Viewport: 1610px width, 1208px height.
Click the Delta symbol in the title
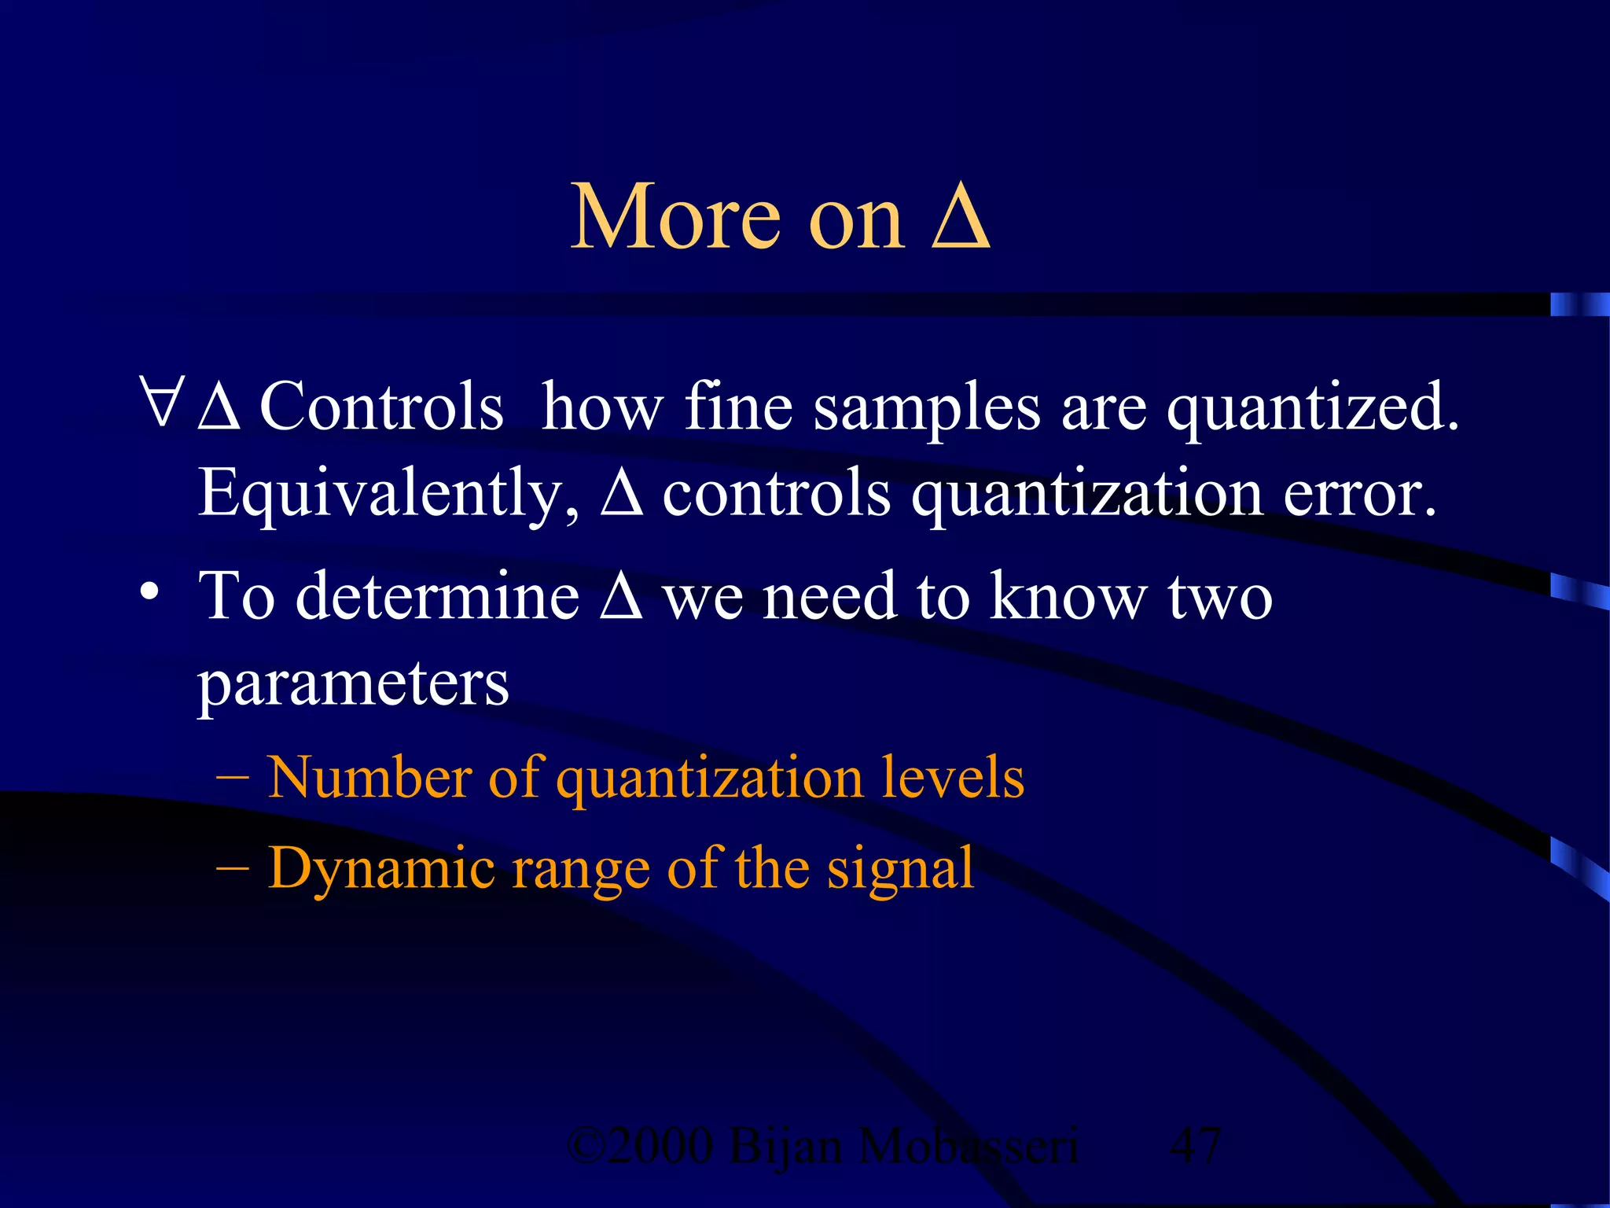click(x=960, y=218)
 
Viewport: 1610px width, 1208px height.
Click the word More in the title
click(x=675, y=218)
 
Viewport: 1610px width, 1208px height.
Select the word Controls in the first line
click(x=381, y=407)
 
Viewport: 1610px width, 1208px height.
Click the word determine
click(x=437, y=597)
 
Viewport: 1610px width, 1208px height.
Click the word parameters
click(x=353, y=684)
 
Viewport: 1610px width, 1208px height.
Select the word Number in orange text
click(x=369, y=777)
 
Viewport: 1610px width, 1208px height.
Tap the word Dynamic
click(x=381, y=869)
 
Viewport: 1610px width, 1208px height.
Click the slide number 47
click(x=1195, y=1146)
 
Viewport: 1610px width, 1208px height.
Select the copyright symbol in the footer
click(x=585, y=1146)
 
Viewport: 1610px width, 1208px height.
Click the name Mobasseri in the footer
click(x=967, y=1146)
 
